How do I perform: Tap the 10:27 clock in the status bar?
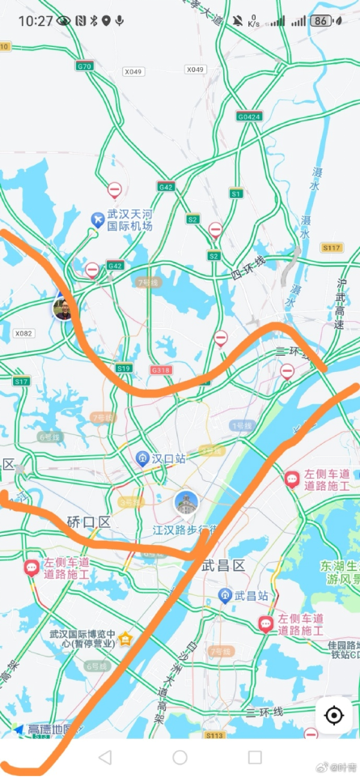click(x=35, y=21)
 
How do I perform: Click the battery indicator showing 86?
click(x=321, y=21)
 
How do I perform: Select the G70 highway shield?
click(x=84, y=65)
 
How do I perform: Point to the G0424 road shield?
click(x=249, y=116)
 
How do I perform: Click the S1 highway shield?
click(x=236, y=193)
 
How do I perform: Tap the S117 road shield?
click(x=332, y=247)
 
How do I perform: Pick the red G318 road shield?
click(x=161, y=369)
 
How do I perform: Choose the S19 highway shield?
click(x=123, y=368)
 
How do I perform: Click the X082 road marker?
click(x=23, y=332)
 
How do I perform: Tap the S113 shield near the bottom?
click(x=214, y=735)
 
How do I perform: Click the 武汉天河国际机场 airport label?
click(x=129, y=221)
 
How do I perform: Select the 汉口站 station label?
click(x=169, y=458)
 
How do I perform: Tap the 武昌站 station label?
click(x=251, y=596)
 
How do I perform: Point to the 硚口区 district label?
click(x=88, y=522)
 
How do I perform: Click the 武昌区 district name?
click(x=222, y=566)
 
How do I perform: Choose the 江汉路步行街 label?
click(x=184, y=530)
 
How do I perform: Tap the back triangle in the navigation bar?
click(x=104, y=758)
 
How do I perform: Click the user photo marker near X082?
click(x=62, y=307)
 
